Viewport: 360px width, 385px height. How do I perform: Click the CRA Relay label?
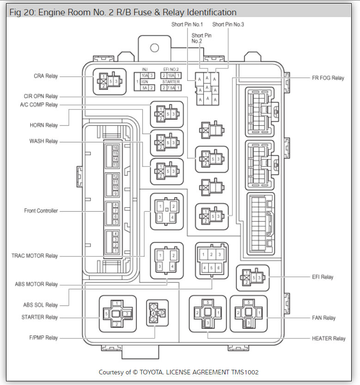click(45, 76)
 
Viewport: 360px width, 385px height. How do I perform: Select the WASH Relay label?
click(44, 141)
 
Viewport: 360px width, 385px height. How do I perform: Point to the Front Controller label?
click(41, 211)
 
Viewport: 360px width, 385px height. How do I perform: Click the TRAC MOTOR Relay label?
click(35, 256)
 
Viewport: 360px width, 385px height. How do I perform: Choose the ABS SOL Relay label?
click(41, 305)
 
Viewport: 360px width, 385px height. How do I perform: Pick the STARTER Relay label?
click(40, 318)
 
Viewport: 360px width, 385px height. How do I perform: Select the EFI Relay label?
click(323, 277)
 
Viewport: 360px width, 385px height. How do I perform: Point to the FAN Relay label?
click(323, 318)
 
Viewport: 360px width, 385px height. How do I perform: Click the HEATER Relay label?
click(329, 339)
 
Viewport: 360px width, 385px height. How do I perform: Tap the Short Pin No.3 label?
click(228, 24)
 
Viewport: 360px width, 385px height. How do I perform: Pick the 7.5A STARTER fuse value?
click(171, 87)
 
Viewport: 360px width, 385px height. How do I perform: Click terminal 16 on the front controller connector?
click(116, 147)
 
